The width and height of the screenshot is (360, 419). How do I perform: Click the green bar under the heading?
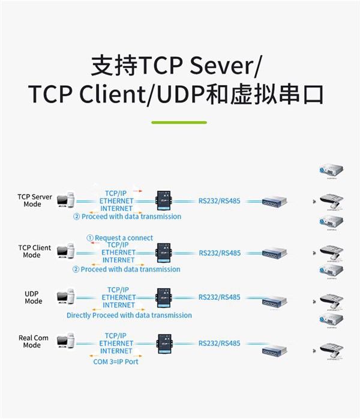[179, 122]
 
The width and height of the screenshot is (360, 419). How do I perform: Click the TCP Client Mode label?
[35, 251]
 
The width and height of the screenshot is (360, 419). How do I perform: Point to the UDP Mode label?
[34, 297]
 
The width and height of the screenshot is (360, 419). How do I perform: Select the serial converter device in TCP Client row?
[163, 252]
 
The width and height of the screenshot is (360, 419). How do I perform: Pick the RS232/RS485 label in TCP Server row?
[220, 201]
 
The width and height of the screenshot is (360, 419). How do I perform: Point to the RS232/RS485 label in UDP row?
[220, 297]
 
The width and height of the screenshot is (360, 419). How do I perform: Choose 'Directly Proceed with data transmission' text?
[129, 315]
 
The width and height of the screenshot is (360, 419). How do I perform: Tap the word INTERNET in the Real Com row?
[116, 351]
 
